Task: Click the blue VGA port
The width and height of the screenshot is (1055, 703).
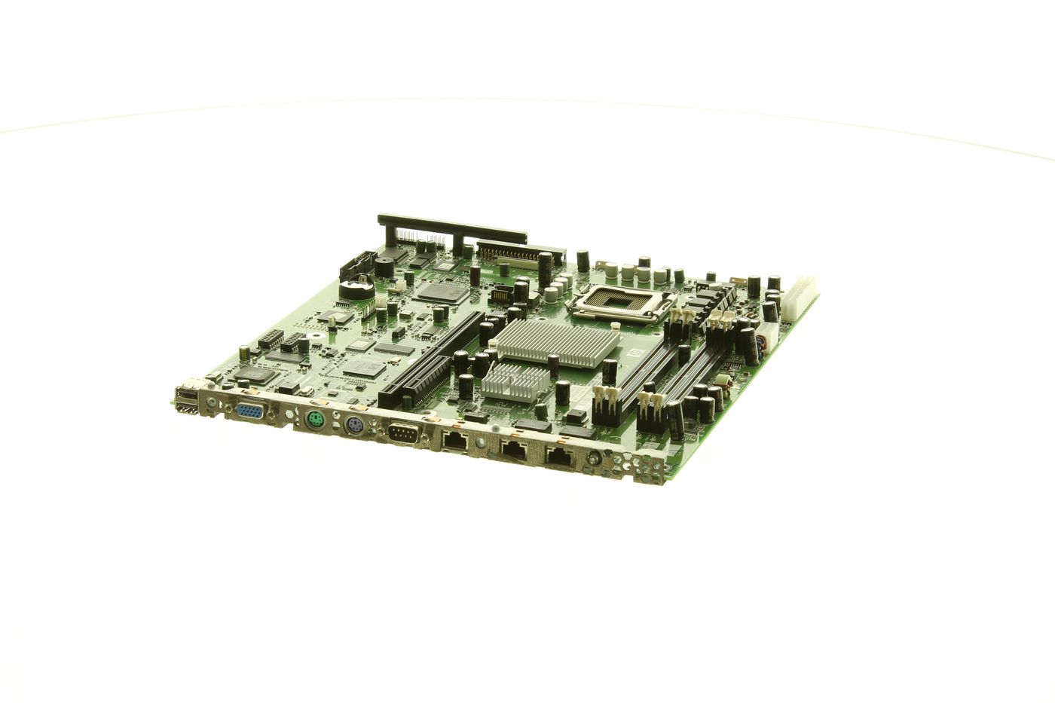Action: [249, 412]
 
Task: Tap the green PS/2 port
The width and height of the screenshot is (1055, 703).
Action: [315, 421]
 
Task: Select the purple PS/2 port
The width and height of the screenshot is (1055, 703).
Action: [355, 428]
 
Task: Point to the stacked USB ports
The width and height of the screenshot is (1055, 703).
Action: [185, 399]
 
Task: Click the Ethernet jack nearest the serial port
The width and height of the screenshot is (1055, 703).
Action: [454, 442]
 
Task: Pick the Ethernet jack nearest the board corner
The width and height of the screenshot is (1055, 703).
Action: [559, 455]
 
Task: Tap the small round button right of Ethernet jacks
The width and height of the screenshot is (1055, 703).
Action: [595, 457]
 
